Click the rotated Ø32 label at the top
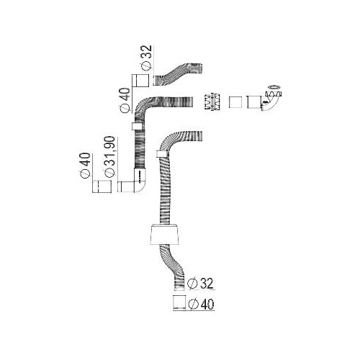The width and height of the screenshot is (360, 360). click(146, 58)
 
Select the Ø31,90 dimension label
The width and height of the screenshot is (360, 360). click(109, 157)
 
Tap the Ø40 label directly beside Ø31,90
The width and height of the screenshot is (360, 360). click(86, 165)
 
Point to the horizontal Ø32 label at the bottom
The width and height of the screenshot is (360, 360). click(200, 284)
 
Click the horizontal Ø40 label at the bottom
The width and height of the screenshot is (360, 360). click(202, 305)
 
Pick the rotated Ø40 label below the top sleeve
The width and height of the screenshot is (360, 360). click(125, 100)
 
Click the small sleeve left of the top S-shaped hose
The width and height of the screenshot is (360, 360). click(140, 81)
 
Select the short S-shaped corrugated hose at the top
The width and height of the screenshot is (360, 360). click(178, 74)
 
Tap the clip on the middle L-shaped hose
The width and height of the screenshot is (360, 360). click(138, 126)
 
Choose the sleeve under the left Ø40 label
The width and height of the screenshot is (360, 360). click(102, 186)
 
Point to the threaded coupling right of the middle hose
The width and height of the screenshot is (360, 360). click(212, 102)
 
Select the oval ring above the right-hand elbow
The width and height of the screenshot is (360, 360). click(274, 86)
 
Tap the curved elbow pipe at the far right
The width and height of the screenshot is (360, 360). click(271, 102)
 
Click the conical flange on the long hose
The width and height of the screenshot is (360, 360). click(165, 235)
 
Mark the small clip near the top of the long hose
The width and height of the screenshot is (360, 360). click(161, 154)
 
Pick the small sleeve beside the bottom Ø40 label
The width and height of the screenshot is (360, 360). click(179, 302)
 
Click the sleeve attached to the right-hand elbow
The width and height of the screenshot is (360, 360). click(254, 102)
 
